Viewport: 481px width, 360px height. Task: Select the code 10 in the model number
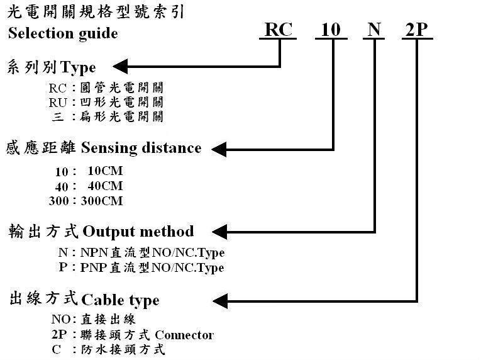331,30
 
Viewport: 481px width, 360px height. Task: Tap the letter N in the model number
374,30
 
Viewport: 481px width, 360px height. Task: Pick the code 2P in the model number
416,30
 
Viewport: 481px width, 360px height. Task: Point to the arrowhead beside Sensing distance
219,149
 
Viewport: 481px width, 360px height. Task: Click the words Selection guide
62,33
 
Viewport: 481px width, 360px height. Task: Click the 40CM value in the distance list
104,186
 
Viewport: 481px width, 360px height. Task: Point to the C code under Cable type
57,349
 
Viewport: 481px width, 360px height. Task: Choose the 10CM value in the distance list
106,171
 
